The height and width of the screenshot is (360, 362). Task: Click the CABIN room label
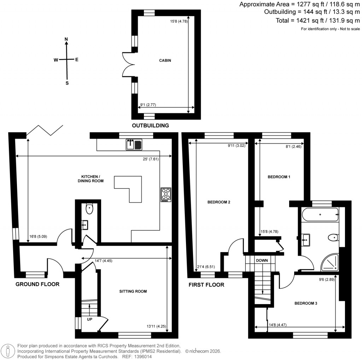click(165, 60)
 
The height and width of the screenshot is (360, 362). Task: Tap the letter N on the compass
click(66, 39)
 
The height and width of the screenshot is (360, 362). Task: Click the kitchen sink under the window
click(134, 144)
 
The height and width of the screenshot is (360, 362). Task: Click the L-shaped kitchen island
click(130, 187)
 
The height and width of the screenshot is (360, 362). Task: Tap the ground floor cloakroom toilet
click(89, 209)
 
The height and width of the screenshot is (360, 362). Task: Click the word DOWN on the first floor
click(262, 260)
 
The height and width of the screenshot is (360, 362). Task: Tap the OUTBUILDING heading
click(150, 126)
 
